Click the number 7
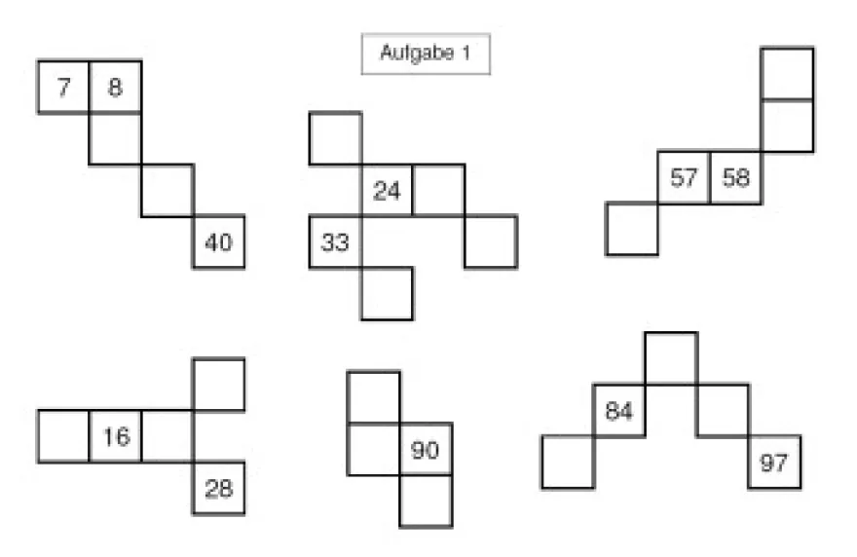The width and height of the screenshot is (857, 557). (x=64, y=88)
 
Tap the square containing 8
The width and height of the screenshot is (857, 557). (x=115, y=87)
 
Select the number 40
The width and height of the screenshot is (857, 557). (x=218, y=242)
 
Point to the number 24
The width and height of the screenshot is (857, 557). (x=387, y=191)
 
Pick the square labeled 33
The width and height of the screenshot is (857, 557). (x=336, y=242)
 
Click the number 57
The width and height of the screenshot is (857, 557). (x=684, y=177)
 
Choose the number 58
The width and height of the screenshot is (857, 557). (x=735, y=177)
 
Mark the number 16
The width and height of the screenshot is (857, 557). (x=117, y=436)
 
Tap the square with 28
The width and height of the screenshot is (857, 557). (x=218, y=488)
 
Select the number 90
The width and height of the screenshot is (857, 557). (x=425, y=450)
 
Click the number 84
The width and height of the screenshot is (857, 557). (x=619, y=411)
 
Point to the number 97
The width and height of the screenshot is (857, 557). (x=773, y=463)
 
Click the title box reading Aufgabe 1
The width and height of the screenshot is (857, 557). (x=426, y=54)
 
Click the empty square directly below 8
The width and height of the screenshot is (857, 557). (x=115, y=138)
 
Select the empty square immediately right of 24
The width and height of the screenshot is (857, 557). (x=439, y=190)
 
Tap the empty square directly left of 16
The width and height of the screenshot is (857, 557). (x=63, y=436)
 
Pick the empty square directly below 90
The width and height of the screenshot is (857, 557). (x=426, y=501)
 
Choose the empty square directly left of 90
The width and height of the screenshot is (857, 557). (x=374, y=449)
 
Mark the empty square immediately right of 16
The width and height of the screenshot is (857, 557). (x=168, y=436)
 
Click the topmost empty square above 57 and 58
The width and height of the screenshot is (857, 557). (x=787, y=74)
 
